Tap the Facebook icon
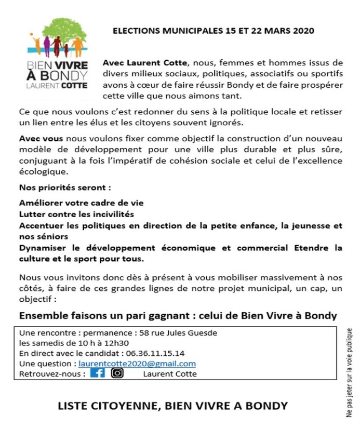coord(97,373)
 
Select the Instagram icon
coord(117,373)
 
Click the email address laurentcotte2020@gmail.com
coord(137,364)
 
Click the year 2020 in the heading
coord(303,31)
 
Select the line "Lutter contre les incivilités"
coord(76,214)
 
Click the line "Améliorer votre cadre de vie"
coord(81,203)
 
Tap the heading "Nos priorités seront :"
coord(65,187)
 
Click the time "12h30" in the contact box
coord(117,343)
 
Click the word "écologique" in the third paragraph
coord(43,171)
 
